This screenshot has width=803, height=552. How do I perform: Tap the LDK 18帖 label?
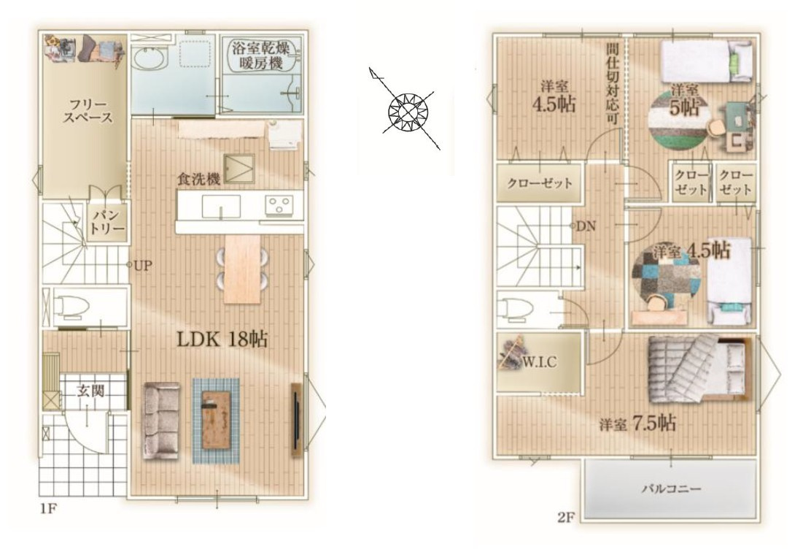(222, 339)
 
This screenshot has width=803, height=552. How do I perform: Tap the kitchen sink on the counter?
(220, 206)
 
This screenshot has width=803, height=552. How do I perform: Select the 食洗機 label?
(198, 179)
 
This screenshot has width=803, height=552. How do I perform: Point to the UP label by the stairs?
(141, 266)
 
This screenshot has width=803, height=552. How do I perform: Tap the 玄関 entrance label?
(90, 391)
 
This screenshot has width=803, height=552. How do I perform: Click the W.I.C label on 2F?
(540, 361)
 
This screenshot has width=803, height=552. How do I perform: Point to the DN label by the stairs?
(586, 226)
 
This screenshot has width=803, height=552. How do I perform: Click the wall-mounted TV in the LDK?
(296, 419)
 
